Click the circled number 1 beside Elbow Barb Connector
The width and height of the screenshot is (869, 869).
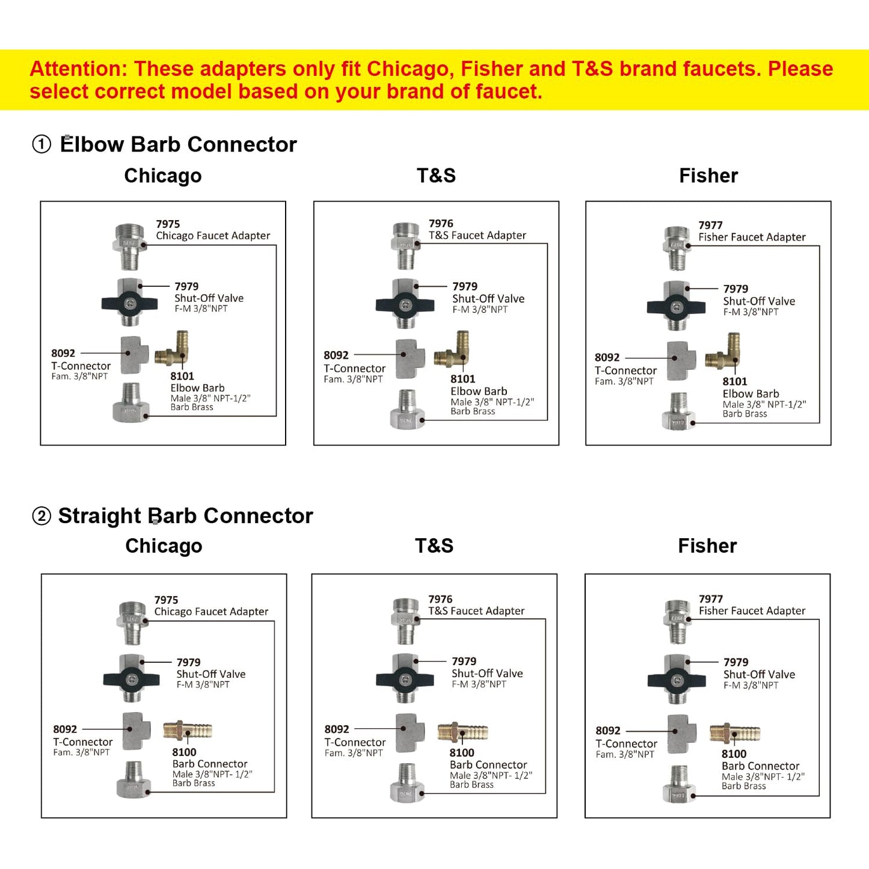coord(41,145)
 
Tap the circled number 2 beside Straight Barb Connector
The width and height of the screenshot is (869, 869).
coord(41,516)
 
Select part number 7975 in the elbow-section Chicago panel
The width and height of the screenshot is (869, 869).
coord(168,224)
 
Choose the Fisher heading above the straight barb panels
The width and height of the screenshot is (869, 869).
coord(707,545)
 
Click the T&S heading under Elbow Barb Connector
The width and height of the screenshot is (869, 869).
coord(436,176)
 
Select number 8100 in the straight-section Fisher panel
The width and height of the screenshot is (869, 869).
coord(734,754)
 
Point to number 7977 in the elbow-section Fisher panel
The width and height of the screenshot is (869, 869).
coord(710,225)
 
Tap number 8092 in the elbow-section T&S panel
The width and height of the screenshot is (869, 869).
coord(336,355)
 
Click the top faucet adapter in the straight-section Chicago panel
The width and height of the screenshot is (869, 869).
coord(132,623)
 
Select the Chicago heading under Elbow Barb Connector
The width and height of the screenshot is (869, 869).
coord(163,176)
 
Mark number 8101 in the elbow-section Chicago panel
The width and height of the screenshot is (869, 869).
coord(182,376)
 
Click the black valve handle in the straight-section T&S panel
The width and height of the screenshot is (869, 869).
coord(405,679)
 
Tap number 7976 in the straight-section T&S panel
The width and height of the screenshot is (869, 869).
coord(440,600)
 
